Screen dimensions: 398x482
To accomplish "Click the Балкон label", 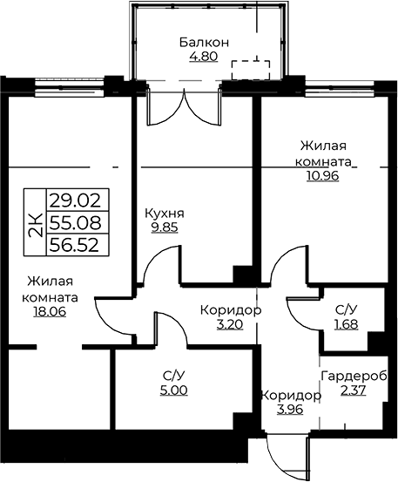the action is point(204,43).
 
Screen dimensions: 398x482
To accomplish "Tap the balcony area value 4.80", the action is point(204,57).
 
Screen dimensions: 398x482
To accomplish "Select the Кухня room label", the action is point(165,214).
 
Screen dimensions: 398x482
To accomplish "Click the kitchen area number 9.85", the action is point(165,227).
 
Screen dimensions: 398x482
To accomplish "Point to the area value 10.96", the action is point(322,175).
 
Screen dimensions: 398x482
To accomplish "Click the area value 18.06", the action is point(50,312).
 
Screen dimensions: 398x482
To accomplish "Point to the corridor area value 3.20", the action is point(230,324).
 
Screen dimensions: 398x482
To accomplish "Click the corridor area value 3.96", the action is point(290,409).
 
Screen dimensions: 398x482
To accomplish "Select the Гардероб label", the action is point(354,376).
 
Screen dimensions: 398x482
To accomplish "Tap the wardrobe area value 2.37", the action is point(354,390).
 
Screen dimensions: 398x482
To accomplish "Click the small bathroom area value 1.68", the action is point(347,324).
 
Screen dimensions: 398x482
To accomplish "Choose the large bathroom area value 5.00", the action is point(173,390).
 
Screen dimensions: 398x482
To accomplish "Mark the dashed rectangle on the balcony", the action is point(251,70).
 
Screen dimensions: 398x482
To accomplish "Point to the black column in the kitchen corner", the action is point(243,275).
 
